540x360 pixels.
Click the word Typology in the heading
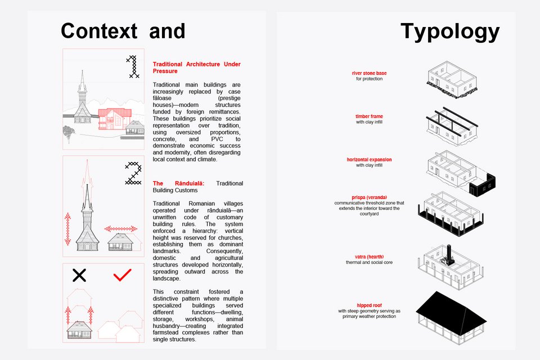[x=449, y=31]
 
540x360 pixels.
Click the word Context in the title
[x=99, y=30]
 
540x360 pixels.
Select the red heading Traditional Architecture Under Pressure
[x=196, y=68]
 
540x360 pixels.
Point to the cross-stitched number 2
[x=133, y=173]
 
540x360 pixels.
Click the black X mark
[x=80, y=275]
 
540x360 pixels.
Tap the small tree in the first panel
[x=69, y=133]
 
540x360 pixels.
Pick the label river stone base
[x=369, y=73]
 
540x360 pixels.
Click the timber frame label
[x=369, y=116]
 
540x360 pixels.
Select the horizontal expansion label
[x=369, y=160]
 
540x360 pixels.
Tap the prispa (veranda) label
[x=368, y=197]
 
